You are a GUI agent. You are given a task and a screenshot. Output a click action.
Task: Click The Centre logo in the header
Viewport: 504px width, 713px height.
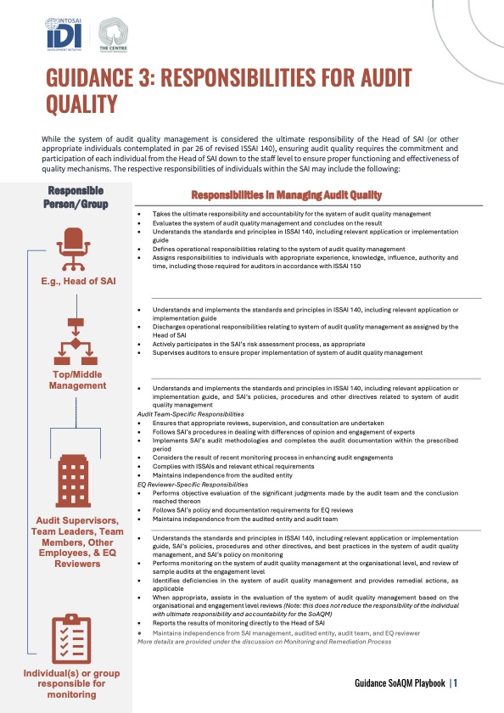click(x=115, y=36)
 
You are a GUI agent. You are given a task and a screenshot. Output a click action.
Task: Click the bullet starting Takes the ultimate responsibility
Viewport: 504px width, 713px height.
click(x=297, y=216)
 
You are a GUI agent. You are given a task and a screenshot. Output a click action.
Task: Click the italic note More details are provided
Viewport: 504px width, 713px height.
click(x=264, y=641)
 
